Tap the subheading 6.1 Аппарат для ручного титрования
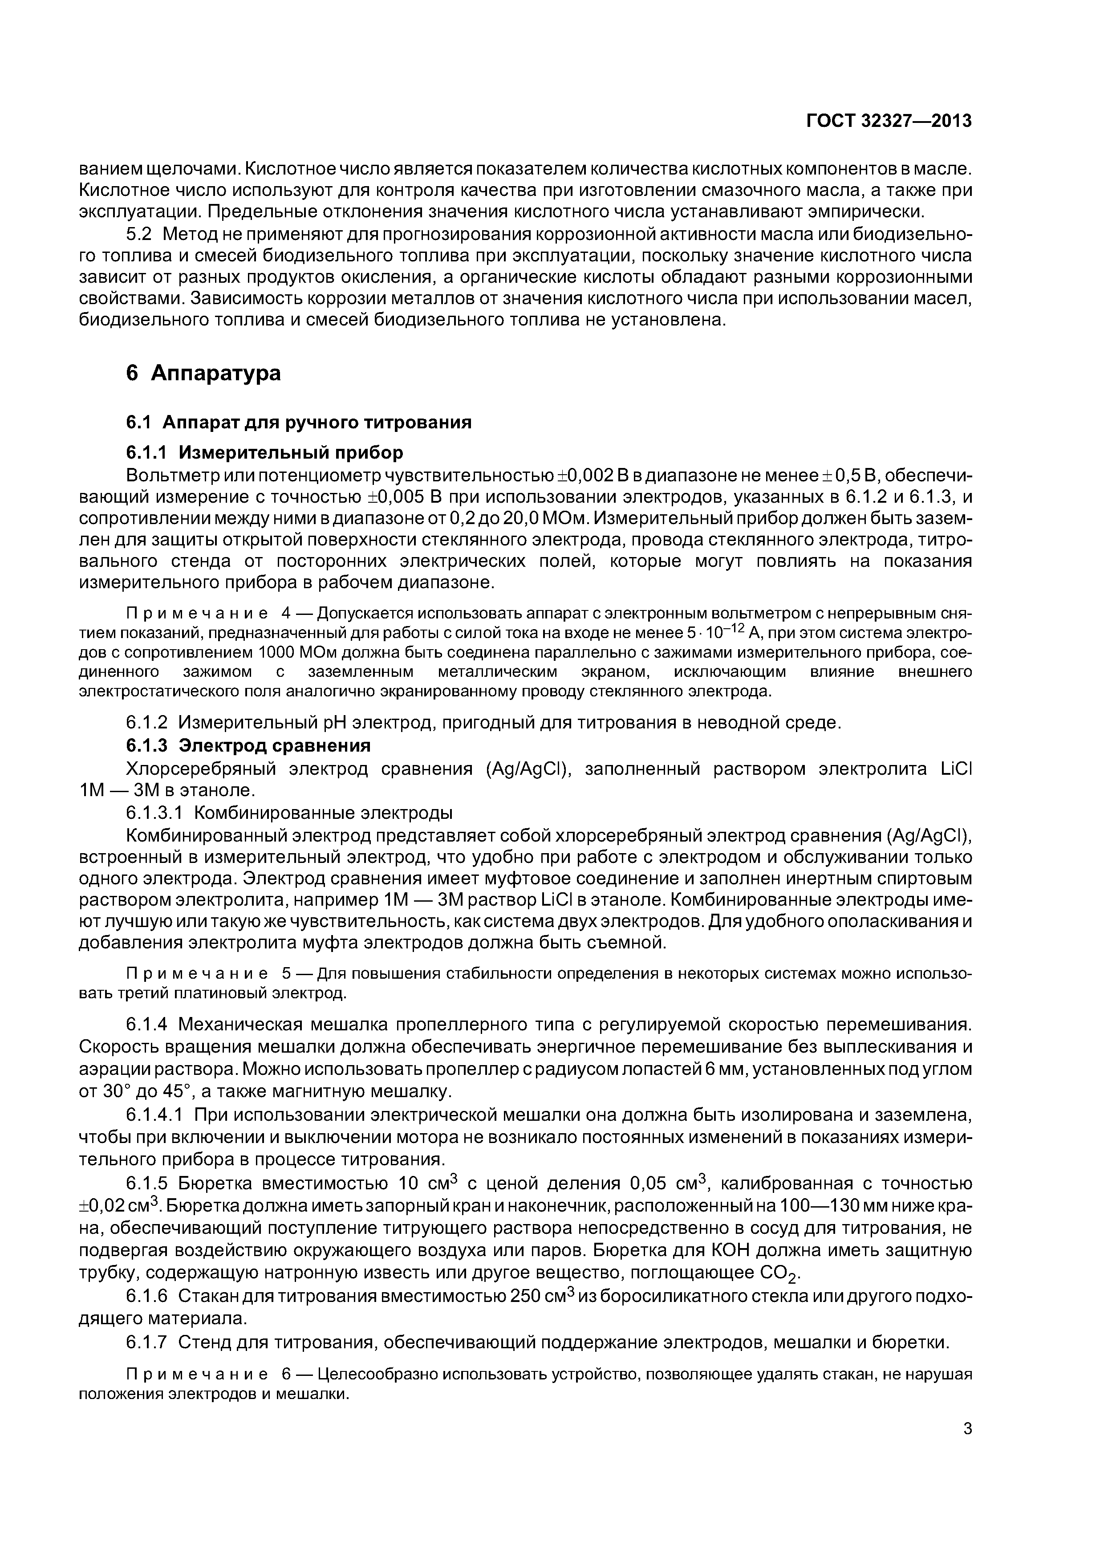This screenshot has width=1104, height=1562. pos(299,423)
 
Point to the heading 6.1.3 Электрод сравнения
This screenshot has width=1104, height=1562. pos(248,746)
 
